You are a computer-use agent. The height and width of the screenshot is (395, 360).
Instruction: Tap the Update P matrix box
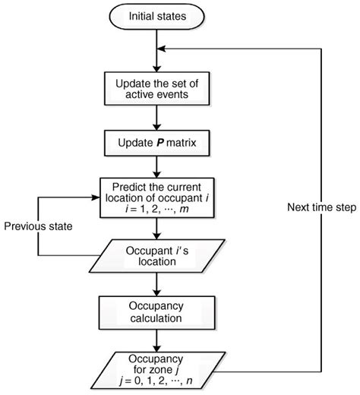point(156,142)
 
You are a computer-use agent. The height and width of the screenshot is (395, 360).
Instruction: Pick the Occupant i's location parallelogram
point(156,252)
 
